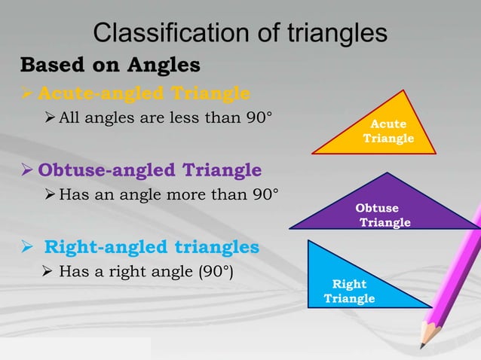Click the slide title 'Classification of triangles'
pyautogui.click(x=240, y=32)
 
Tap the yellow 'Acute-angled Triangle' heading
pyautogui.click(x=143, y=93)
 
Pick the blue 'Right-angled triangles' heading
pyautogui.click(x=152, y=247)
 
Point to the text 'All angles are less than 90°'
pyautogui.click(x=160, y=117)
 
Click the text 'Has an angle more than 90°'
pyautogui.click(x=168, y=195)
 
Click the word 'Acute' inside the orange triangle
pyautogui.click(x=389, y=124)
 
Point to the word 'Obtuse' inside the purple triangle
pyautogui.click(x=377, y=209)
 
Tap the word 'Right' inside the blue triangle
pyautogui.click(x=349, y=284)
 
